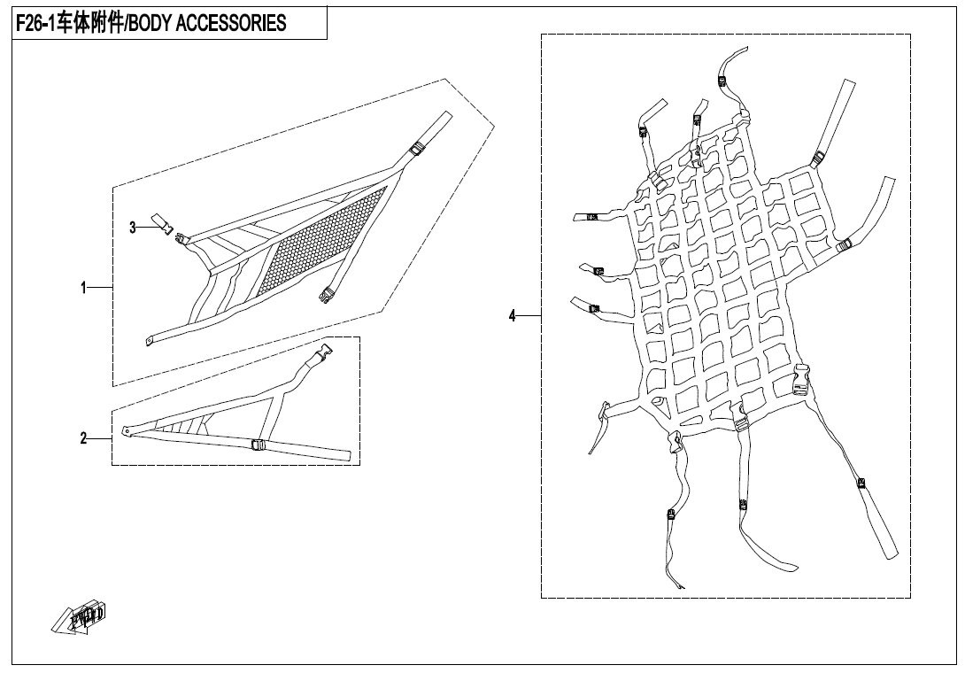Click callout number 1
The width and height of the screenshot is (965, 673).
(x=84, y=288)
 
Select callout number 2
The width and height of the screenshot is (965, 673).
(x=84, y=437)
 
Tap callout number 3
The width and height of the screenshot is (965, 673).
(x=133, y=228)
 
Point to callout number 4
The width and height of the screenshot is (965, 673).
(x=512, y=316)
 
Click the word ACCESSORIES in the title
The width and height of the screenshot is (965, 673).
(x=232, y=24)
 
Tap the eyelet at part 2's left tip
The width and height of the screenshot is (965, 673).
(x=125, y=433)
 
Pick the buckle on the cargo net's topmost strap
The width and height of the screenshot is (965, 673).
(x=723, y=81)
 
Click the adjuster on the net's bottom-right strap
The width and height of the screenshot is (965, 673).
(x=861, y=483)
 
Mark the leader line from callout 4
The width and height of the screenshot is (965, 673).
(x=529, y=316)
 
